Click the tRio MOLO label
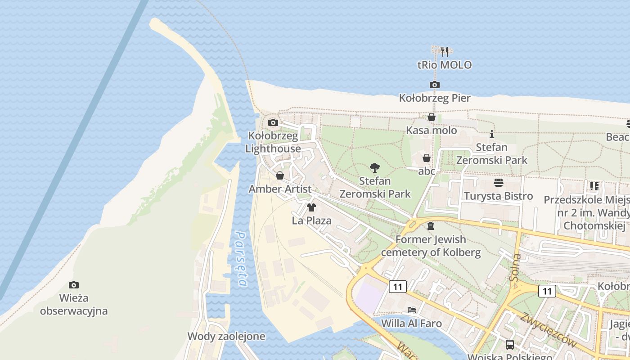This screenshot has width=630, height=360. pyautogui.click(x=445, y=65)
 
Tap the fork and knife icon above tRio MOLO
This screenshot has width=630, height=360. pyautogui.click(x=445, y=51)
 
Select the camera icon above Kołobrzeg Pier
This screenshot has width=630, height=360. pyautogui.click(x=434, y=85)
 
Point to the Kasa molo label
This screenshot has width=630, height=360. pyautogui.click(x=431, y=130)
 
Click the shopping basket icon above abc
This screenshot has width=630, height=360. pyautogui.click(x=426, y=158)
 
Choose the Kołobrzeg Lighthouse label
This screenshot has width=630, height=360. pyautogui.click(x=273, y=142)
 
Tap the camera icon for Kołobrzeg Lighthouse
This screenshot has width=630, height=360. pyautogui.click(x=273, y=122)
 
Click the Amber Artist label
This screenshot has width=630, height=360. pyautogui.click(x=280, y=189)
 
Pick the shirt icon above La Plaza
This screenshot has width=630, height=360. pyautogui.click(x=311, y=207)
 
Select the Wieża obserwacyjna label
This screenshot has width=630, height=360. pyautogui.click(x=74, y=304)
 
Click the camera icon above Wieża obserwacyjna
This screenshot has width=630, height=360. pyautogui.click(x=74, y=285)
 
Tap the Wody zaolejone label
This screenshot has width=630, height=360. pyautogui.click(x=226, y=336)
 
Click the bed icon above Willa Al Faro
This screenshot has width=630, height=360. pyautogui.click(x=411, y=310)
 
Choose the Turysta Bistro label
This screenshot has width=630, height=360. pyautogui.click(x=498, y=196)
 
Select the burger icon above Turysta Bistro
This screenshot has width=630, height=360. pyautogui.click(x=498, y=182)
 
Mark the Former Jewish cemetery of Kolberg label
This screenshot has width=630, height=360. pyautogui.click(x=431, y=246)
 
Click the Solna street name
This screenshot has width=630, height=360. pyautogui.click(x=516, y=267)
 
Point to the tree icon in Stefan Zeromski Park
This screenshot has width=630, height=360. pyautogui.click(x=374, y=168)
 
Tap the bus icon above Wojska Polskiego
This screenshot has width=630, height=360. pyautogui.click(x=509, y=345)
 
